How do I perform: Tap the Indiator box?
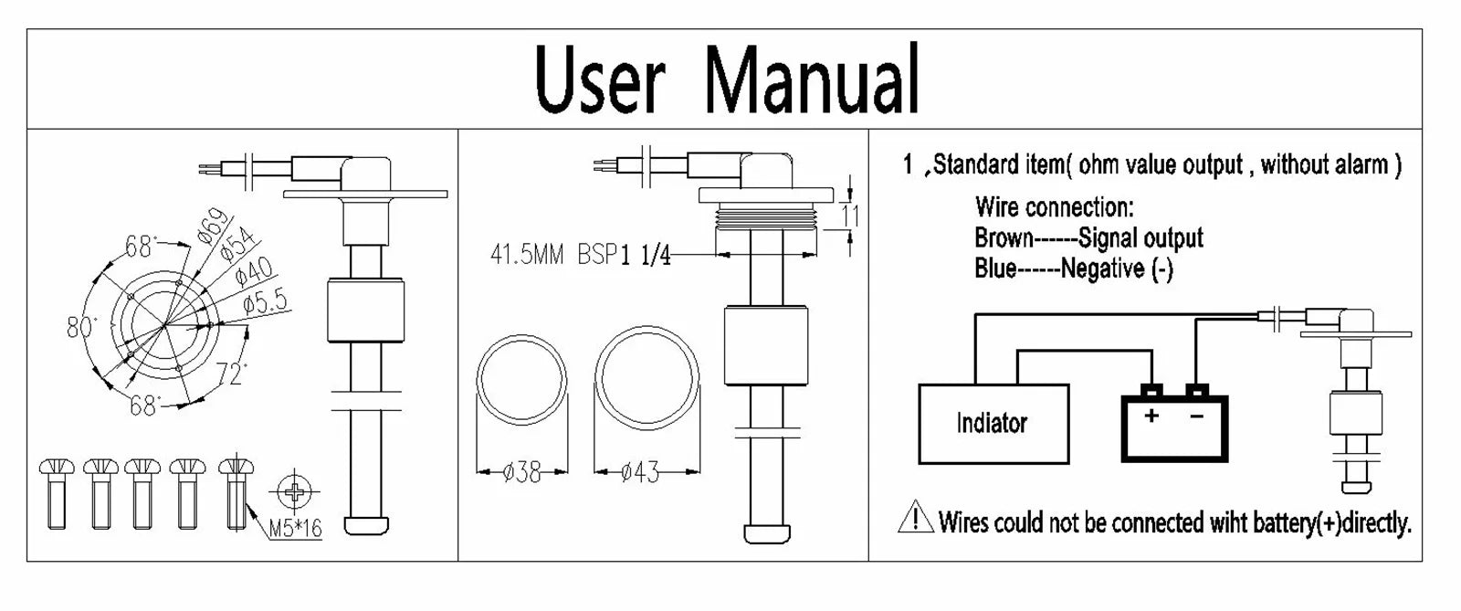click(x=993, y=423)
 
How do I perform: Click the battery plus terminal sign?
click(x=1151, y=416)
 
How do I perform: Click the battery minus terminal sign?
click(x=1196, y=416)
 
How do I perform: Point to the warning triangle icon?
click(x=915, y=518)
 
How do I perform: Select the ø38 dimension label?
click(x=522, y=472)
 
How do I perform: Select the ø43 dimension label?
click(x=640, y=472)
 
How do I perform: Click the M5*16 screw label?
click(x=296, y=528)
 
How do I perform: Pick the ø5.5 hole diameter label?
click(x=265, y=302)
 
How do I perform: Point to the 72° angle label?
click(x=232, y=374)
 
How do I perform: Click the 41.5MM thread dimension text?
click(x=527, y=254)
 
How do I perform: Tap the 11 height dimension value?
click(x=850, y=216)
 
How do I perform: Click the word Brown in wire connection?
click(x=1004, y=238)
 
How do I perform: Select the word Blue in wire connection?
click(x=995, y=269)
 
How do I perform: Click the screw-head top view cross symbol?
click(x=295, y=493)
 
